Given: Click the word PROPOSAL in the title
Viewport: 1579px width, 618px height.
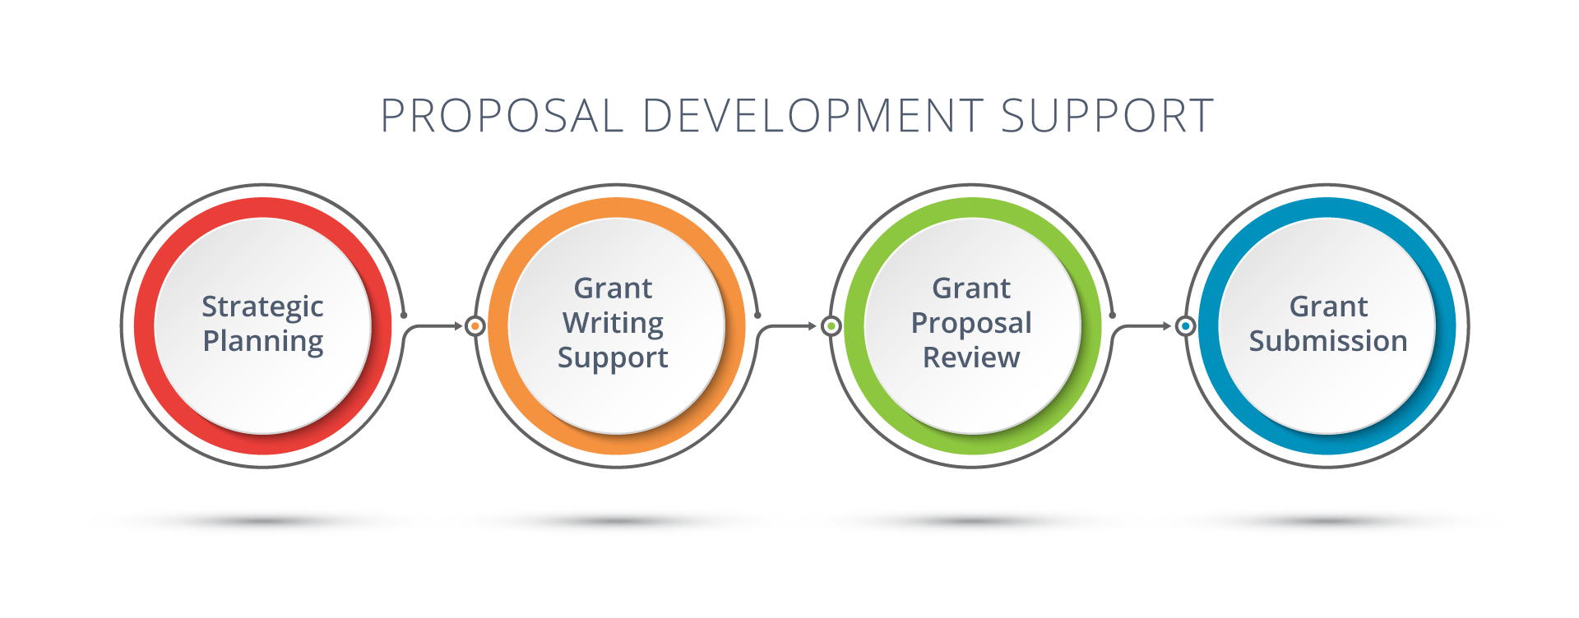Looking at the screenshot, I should click(502, 117).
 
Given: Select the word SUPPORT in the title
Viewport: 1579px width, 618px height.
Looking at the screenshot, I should click(1107, 117).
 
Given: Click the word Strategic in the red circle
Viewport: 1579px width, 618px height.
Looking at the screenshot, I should click(262, 307).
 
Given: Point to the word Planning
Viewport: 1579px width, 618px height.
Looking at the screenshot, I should click(262, 341).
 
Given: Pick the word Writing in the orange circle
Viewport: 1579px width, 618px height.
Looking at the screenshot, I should click(613, 323).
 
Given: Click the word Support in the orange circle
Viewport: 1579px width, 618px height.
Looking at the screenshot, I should click(613, 358).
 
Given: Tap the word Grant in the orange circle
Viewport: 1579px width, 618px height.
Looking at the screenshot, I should click(613, 288).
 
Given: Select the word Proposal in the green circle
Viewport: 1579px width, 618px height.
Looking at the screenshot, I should click(970, 323).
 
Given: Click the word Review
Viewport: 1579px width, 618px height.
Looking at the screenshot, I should click(970, 357).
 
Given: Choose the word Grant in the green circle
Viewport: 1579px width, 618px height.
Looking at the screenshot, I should click(970, 288).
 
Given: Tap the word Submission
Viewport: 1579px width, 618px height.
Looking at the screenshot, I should click(1327, 341).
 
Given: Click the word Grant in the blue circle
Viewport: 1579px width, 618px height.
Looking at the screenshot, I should click(1327, 307).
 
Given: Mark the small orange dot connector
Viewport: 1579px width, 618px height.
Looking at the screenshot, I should click(475, 326).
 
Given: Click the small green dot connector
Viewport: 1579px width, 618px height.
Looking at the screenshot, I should click(831, 326).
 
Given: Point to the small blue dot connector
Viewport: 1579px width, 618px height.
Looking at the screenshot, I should click(1185, 326).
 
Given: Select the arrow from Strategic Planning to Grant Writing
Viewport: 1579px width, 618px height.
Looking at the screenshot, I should click(436, 326).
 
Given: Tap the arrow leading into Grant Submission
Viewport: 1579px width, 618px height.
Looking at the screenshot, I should click(1147, 326).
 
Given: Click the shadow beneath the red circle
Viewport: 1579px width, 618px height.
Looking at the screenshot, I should click(262, 521).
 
